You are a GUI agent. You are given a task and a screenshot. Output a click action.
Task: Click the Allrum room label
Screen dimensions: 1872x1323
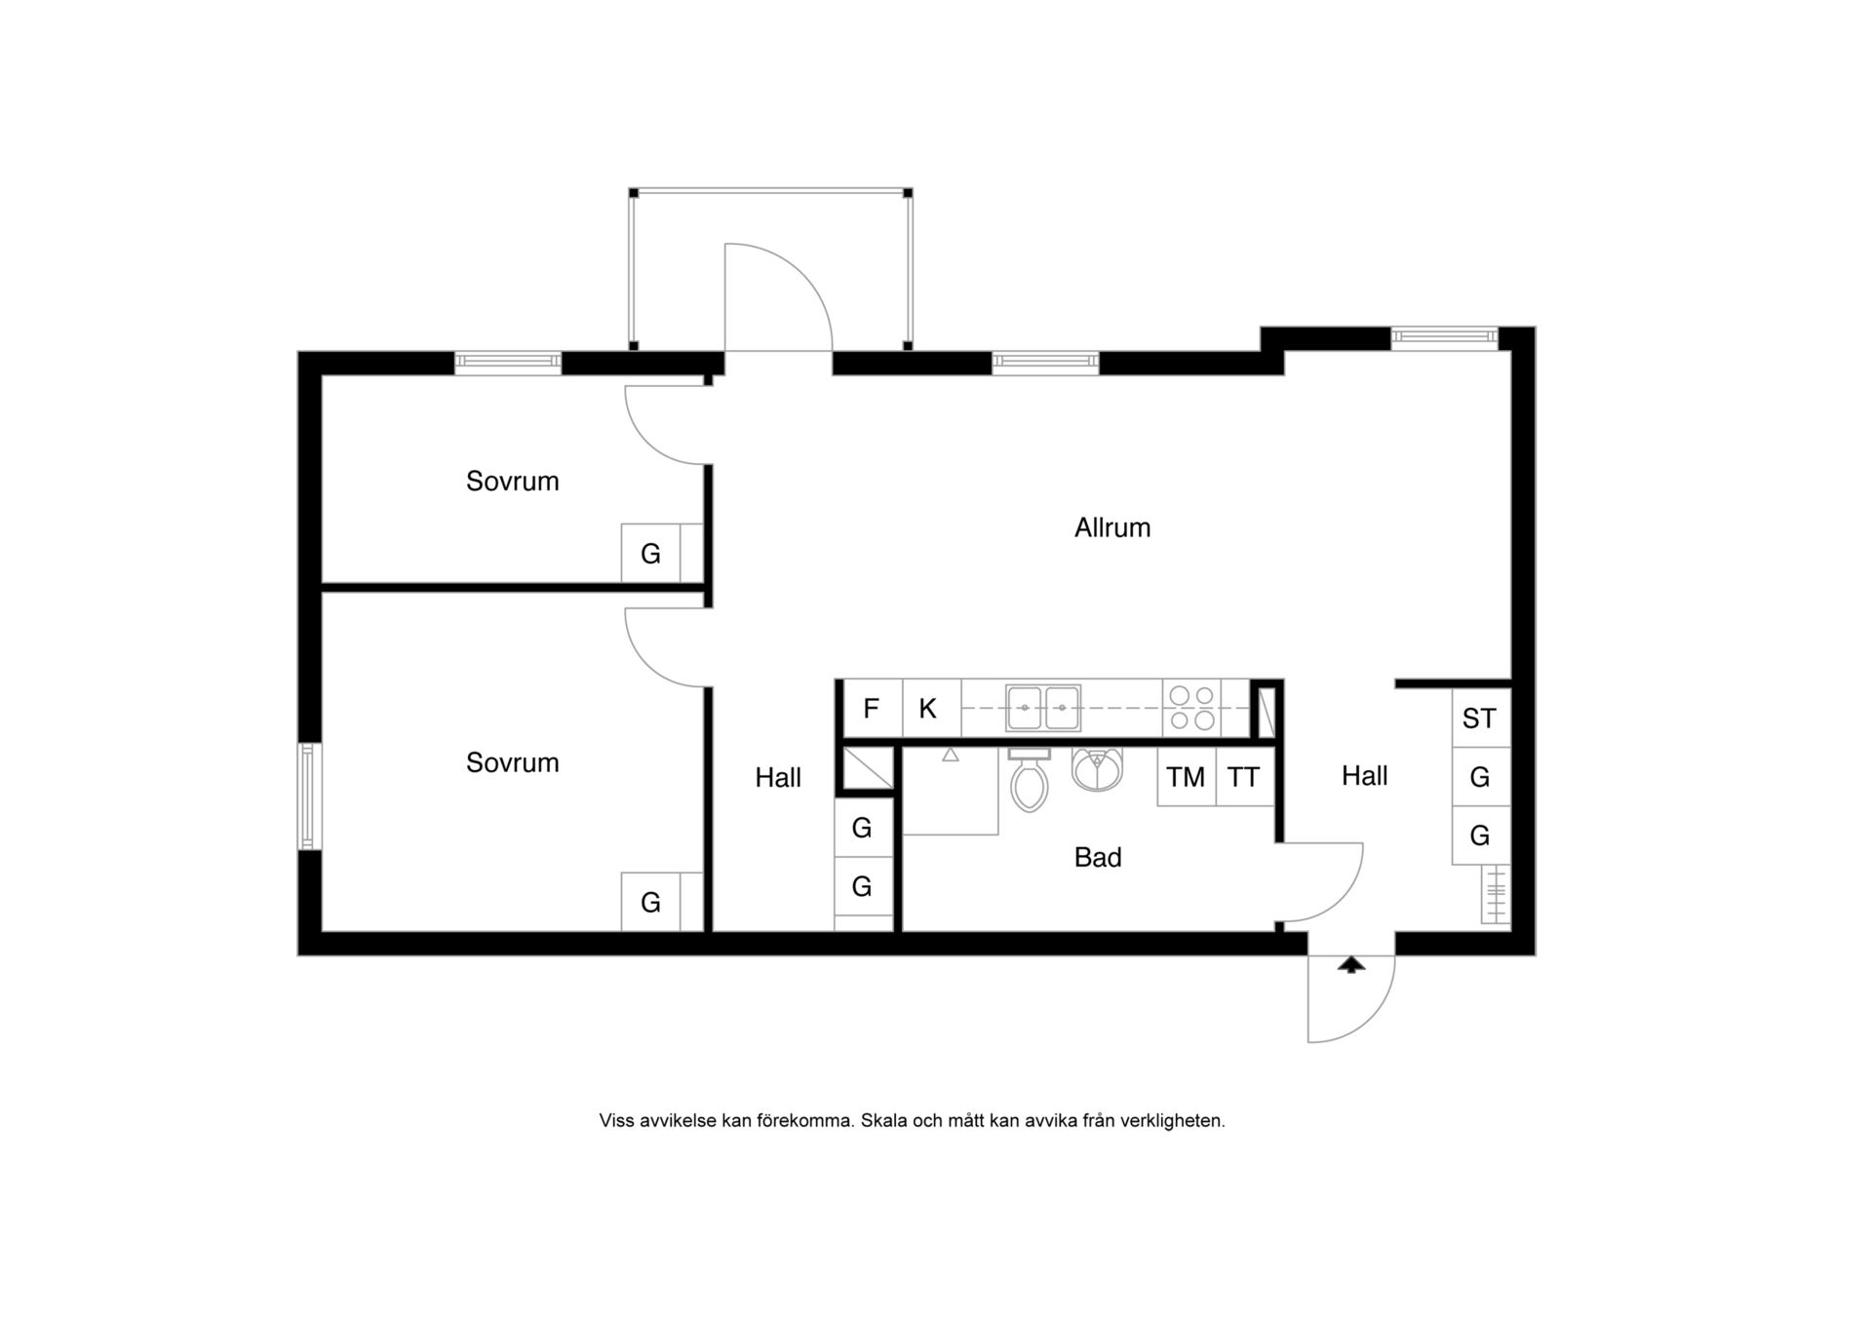coord(1112,527)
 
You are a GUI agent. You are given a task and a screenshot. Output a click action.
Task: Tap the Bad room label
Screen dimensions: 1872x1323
coord(1098,857)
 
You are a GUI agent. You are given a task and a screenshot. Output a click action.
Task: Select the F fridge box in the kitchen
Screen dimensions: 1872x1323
coord(872,709)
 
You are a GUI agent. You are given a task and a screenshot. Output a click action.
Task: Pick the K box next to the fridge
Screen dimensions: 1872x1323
coord(927,709)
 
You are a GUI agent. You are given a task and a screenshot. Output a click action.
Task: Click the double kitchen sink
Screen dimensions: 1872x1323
coord(1043,708)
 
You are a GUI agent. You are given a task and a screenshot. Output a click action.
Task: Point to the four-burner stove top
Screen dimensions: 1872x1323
coord(1191,708)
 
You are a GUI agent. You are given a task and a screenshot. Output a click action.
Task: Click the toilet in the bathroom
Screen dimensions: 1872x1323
coord(1030,780)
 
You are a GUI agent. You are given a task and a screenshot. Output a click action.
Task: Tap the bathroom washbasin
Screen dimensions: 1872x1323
coord(1097,768)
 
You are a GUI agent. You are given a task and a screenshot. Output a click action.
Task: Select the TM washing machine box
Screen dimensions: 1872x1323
coord(1187,777)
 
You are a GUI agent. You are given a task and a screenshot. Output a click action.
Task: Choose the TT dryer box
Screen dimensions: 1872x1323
coord(1244,777)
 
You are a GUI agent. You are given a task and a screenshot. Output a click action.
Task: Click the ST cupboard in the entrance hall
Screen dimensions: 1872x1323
coord(1480,719)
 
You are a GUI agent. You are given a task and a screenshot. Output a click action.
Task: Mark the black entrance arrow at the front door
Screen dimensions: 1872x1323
coord(1350,964)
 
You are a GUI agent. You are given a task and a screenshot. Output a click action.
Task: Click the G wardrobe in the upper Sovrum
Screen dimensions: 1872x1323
coord(651,554)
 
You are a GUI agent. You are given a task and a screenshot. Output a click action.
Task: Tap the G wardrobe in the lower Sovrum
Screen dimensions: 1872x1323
coord(651,902)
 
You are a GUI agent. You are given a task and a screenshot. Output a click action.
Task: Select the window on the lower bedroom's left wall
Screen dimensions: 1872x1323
coord(310,797)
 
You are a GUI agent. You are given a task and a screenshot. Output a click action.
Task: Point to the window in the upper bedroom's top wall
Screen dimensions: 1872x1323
coord(508,363)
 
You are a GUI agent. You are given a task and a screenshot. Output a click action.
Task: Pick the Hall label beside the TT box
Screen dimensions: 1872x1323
coord(1364,776)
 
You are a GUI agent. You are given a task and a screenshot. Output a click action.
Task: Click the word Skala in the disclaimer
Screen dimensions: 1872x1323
coord(884,1121)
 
